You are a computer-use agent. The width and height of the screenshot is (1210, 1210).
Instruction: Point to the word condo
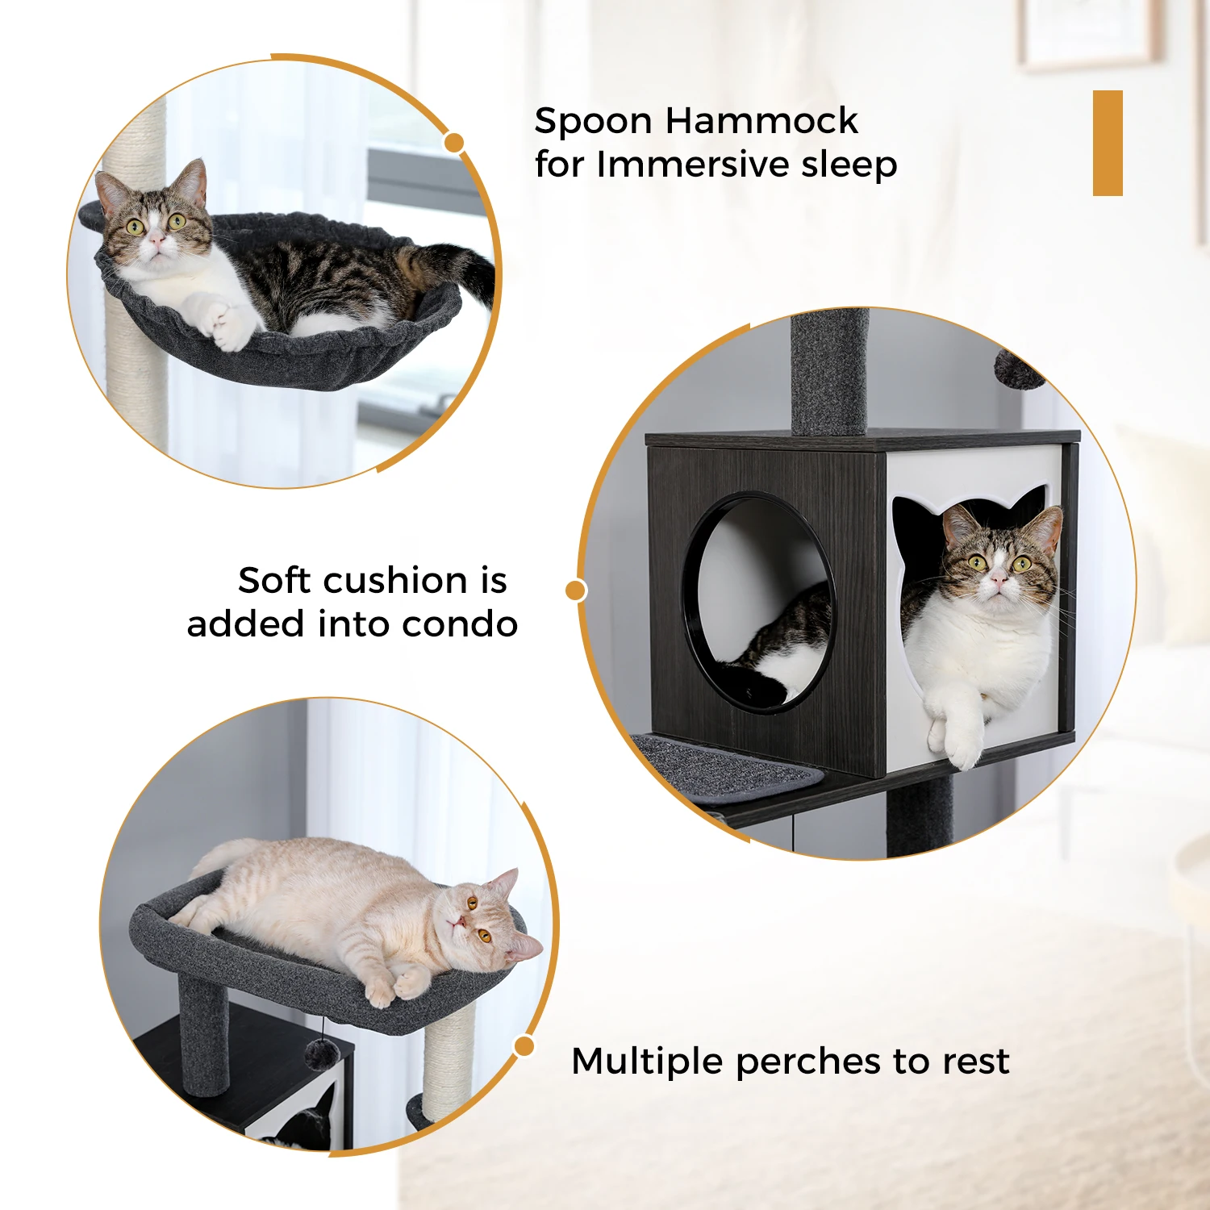(x=460, y=624)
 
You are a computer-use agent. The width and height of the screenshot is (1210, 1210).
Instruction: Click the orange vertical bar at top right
(x=1108, y=143)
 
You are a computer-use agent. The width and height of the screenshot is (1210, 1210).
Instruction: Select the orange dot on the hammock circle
(x=454, y=143)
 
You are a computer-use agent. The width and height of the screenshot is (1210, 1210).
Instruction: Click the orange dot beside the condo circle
(x=575, y=590)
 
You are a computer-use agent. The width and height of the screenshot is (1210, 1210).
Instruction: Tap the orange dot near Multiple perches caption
(x=524, y=1046)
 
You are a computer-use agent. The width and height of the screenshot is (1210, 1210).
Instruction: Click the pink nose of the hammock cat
(x=156, y=240)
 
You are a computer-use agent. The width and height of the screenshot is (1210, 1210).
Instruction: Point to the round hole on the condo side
(x=758, y=601)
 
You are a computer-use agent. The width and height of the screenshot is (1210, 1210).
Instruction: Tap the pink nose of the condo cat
(x=999, y=578)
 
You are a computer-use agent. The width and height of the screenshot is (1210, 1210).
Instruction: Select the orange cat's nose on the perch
(x=459, y=922)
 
